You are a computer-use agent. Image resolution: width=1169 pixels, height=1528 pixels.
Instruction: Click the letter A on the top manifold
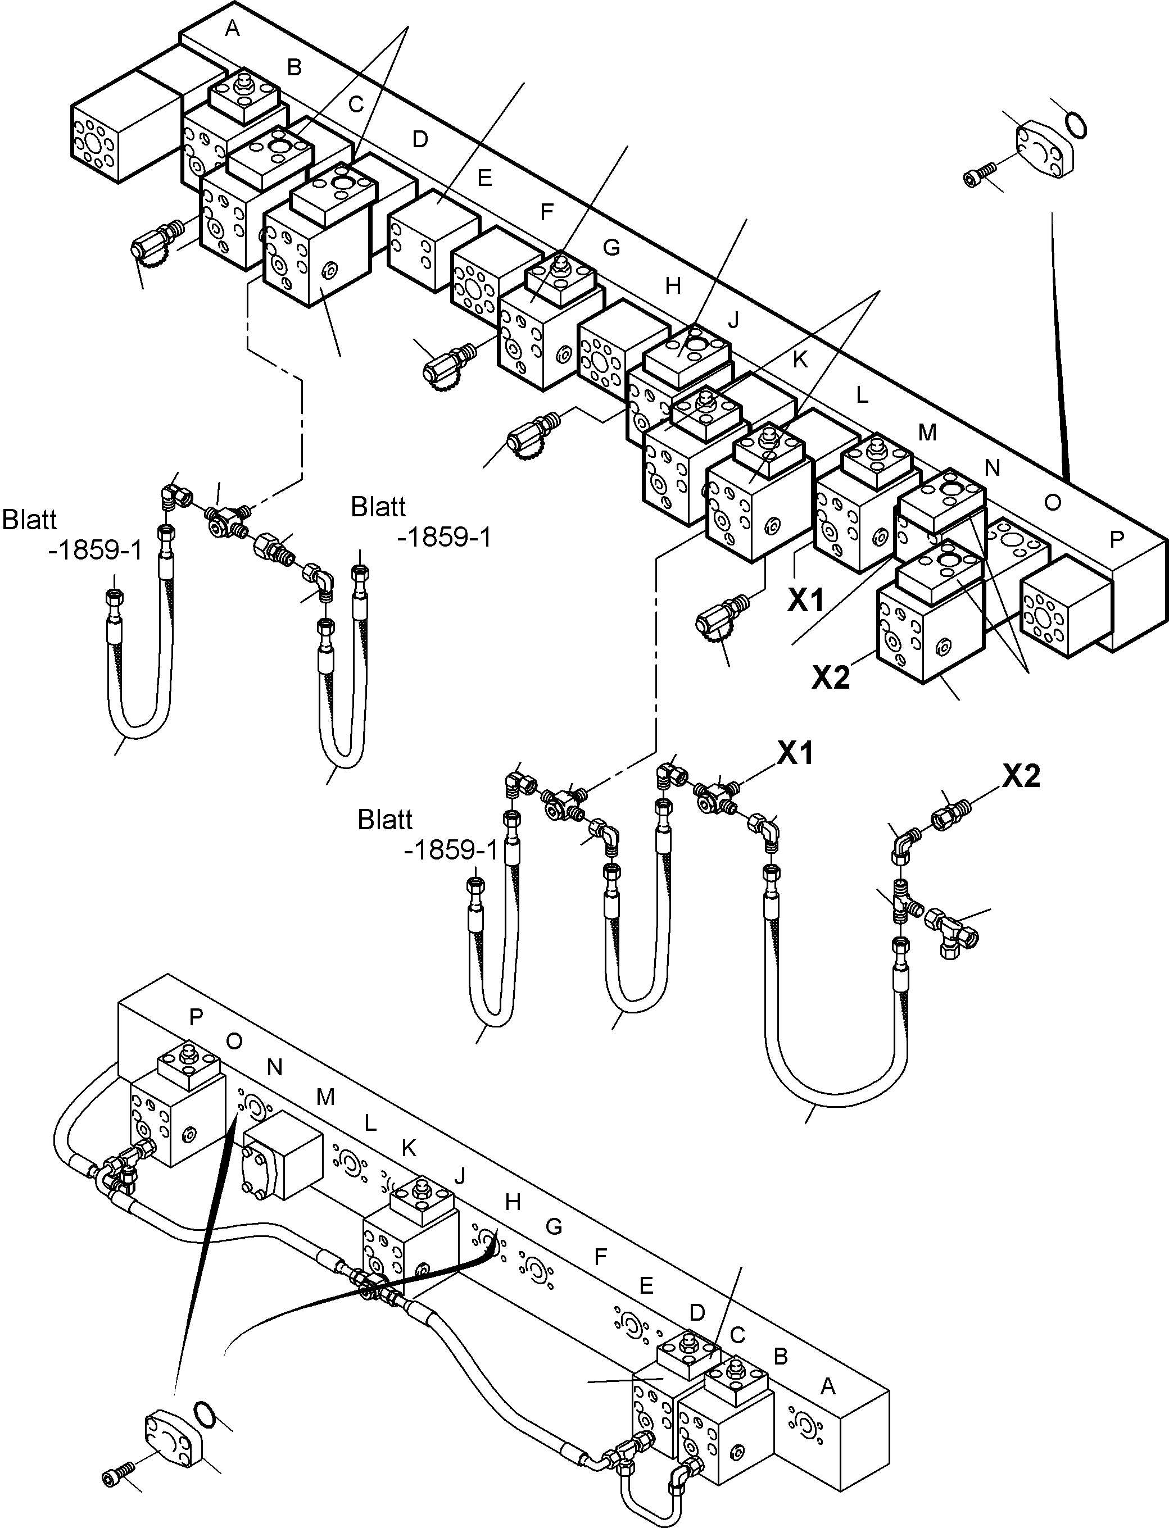[x=233, y=29]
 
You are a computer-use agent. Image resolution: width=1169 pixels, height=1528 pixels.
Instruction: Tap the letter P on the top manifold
[x=1116, y=540]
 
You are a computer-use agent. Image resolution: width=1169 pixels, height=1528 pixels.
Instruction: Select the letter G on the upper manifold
[x=610, y=248]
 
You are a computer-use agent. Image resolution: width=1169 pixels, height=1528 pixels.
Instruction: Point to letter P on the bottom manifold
[x=196, y=1017]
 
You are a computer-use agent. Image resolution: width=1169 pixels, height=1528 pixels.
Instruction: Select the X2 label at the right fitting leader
[x=1021, y=775]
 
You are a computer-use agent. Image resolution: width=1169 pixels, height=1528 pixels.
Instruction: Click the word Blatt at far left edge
[x=29, y=520]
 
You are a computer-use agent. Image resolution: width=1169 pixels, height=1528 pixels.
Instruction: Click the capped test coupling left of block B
[x=155, y=242]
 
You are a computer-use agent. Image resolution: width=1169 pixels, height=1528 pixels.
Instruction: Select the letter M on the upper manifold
[x=927, y=433]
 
